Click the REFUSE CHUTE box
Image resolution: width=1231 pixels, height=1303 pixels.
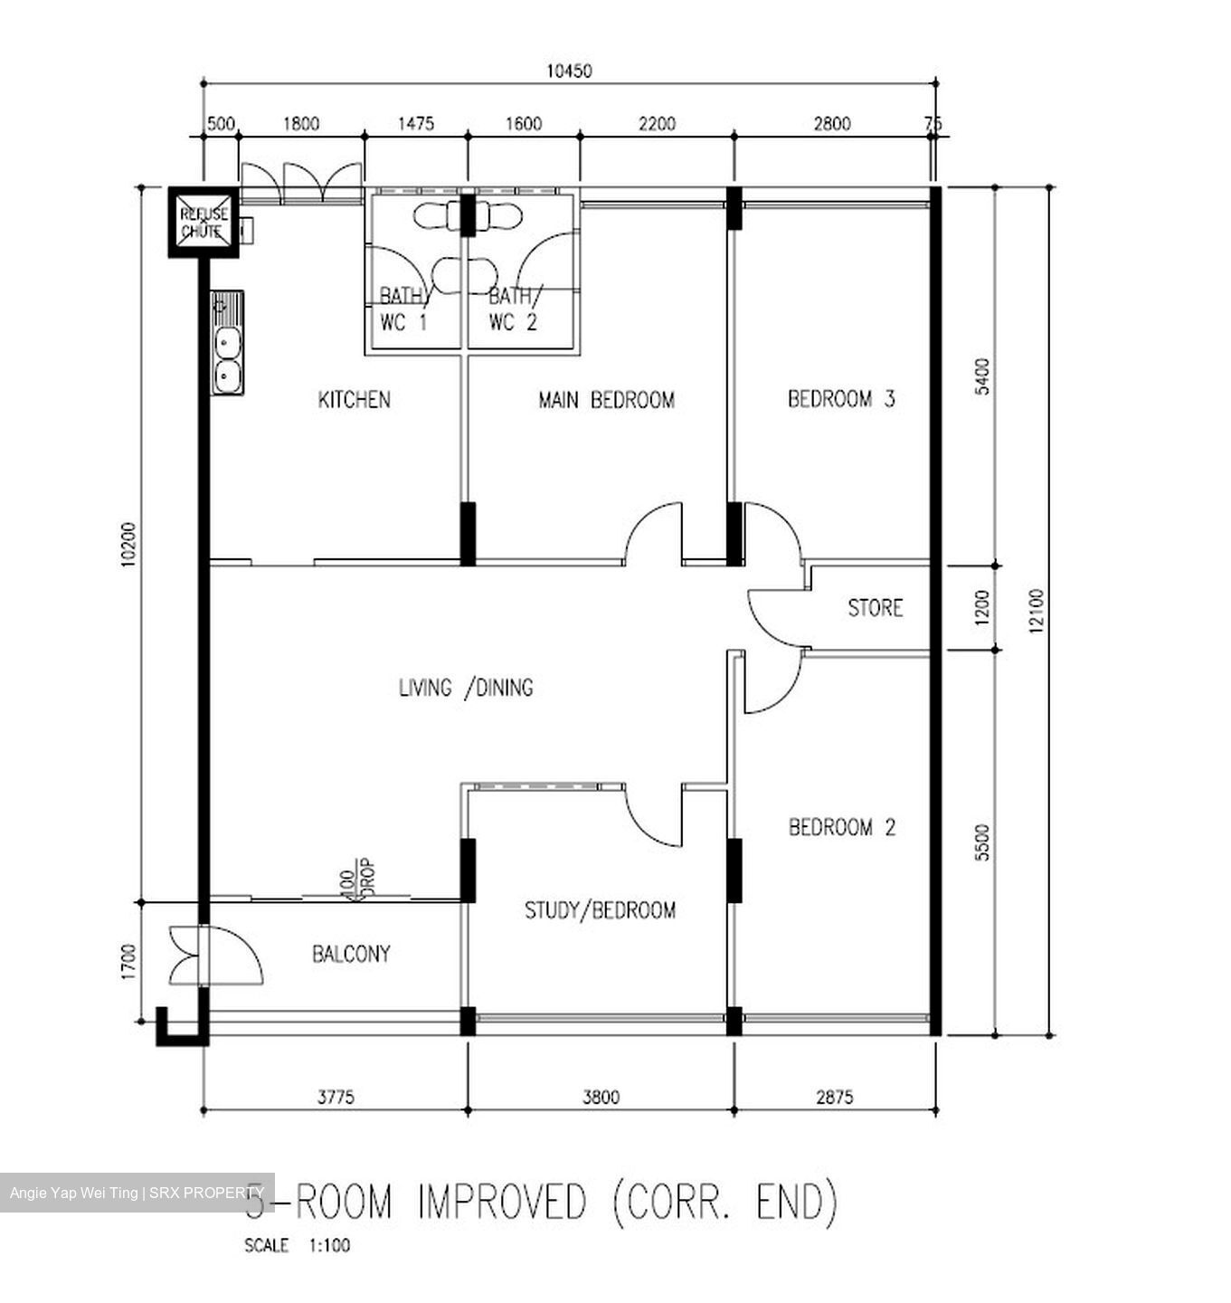pos(204,222)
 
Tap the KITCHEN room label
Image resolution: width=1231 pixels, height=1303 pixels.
pos(354,399)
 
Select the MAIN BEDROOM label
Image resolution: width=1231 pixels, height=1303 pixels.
pos(606,399)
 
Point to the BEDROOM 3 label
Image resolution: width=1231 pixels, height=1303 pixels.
pos(841,399)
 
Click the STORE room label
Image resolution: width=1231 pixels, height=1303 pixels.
pos(875,607)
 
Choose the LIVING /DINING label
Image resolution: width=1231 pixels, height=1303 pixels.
pos(466,688)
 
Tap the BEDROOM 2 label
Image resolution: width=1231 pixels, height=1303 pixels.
pos(842,827)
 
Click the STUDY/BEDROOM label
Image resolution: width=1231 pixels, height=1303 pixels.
pos(600,909)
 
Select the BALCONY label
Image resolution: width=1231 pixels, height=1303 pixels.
pos(351,953)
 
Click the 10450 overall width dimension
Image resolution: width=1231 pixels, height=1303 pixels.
pos(569,71)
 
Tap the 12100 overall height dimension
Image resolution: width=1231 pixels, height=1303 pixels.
pos(1037,611)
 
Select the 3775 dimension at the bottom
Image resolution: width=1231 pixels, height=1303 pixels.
pos(335,1098)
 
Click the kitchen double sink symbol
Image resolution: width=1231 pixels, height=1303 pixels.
pos(226,357)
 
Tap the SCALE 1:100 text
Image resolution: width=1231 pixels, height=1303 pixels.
pos(297,1246)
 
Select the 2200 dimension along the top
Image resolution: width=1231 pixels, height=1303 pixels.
pos(657,124)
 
